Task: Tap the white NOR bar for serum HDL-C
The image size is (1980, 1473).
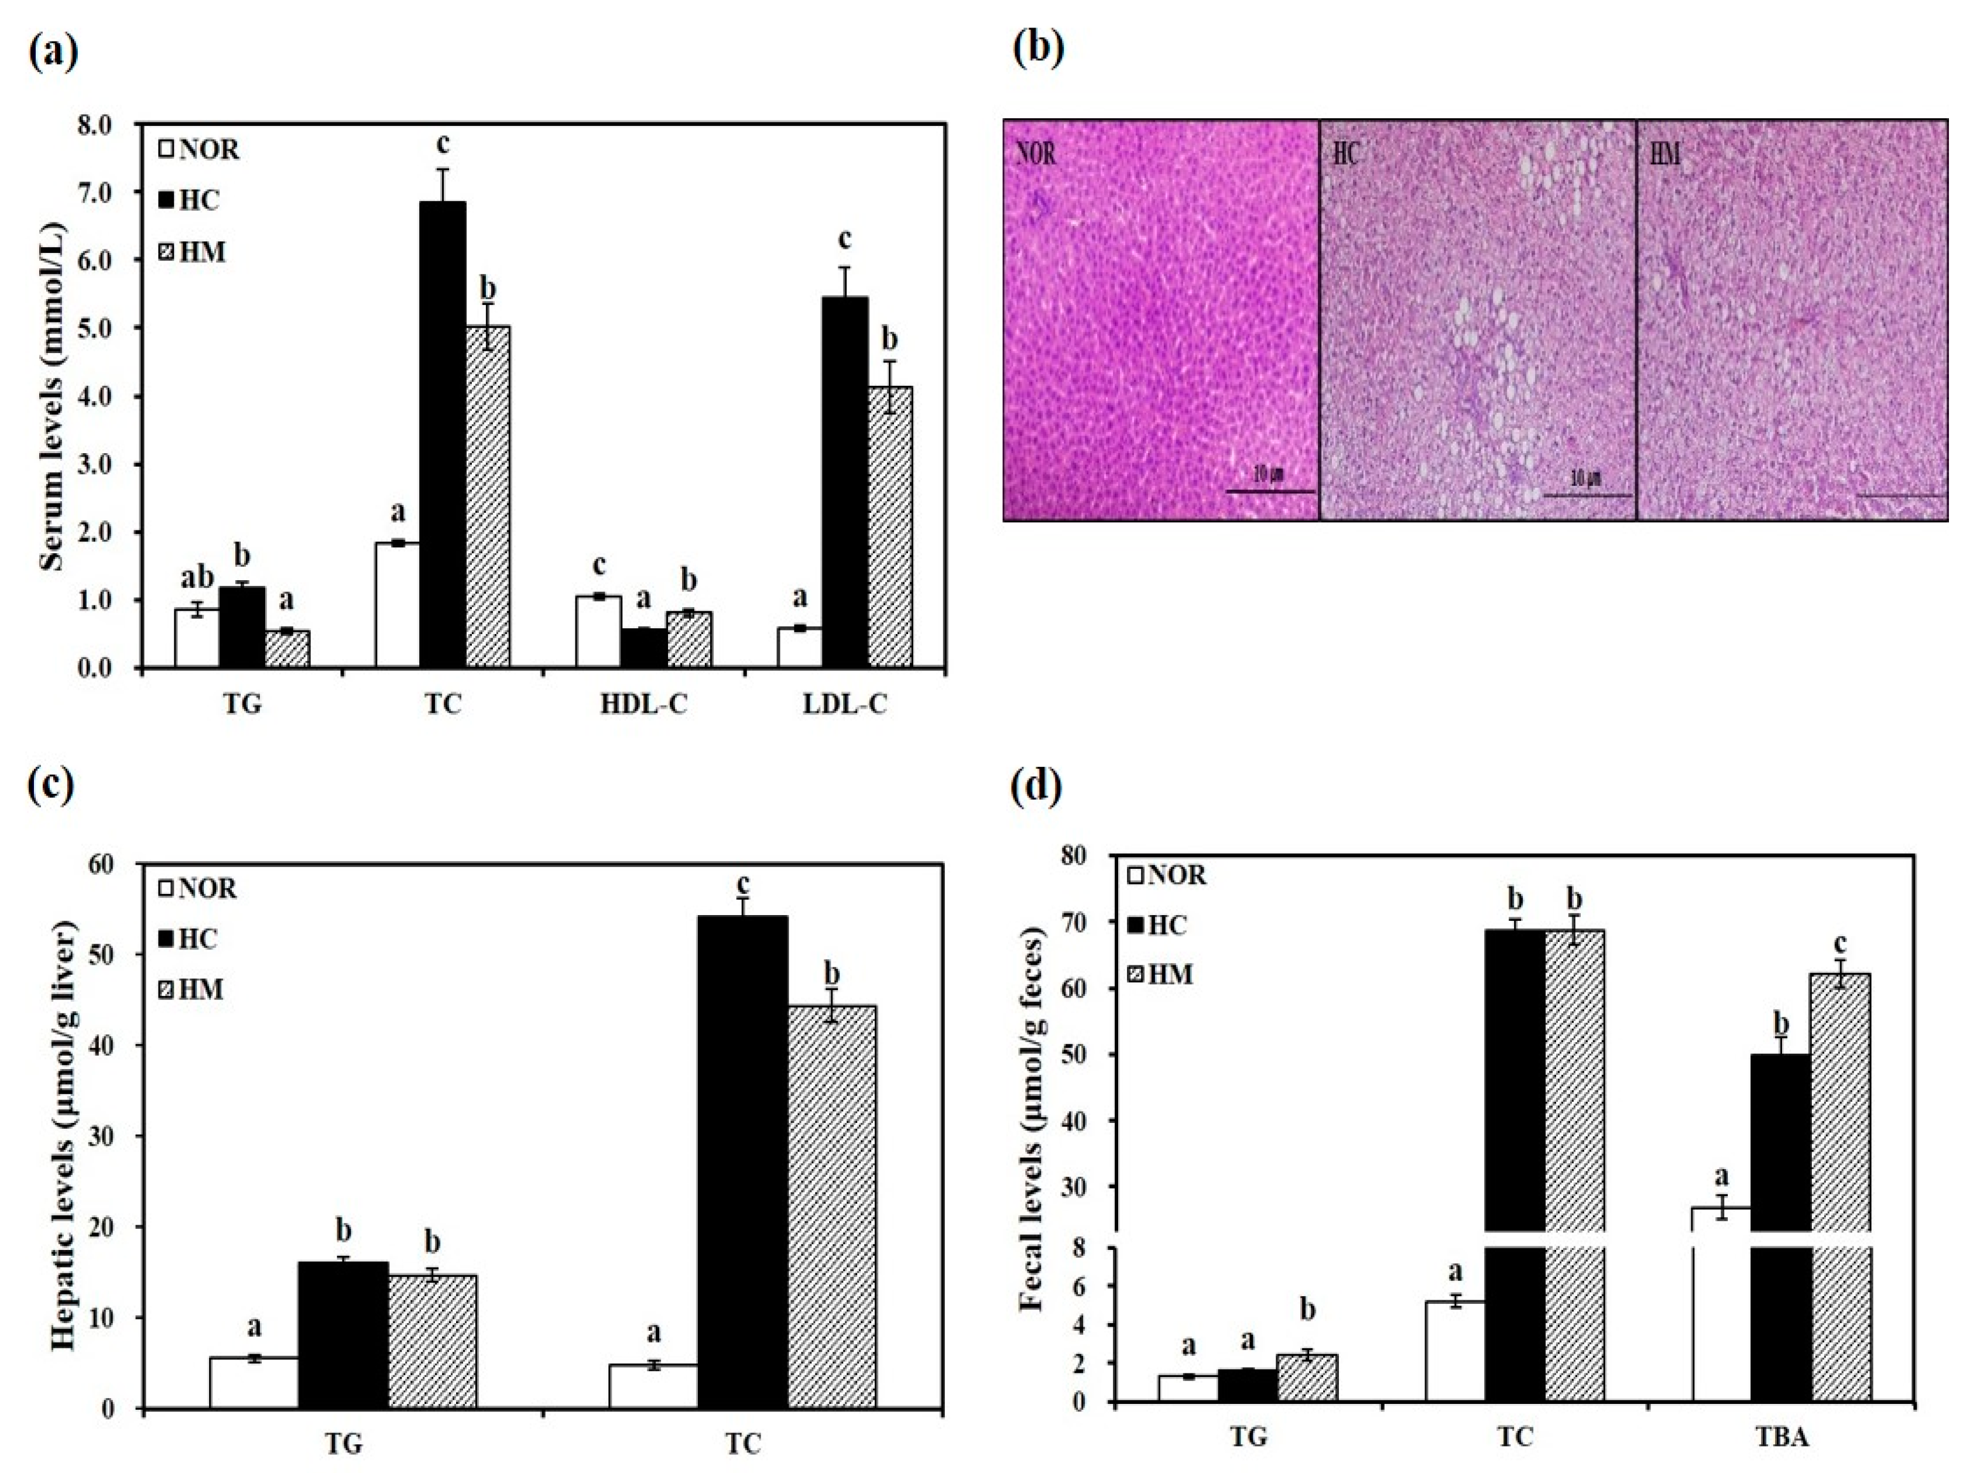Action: click(598, 631)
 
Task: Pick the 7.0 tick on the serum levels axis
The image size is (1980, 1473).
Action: click(99, 191)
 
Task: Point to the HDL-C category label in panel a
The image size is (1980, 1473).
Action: click(643, 704)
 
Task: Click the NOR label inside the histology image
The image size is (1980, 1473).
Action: click(1036, 153)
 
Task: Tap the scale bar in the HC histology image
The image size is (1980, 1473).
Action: click(1586, 495)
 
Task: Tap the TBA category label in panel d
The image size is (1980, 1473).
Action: click(1781, 1437)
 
